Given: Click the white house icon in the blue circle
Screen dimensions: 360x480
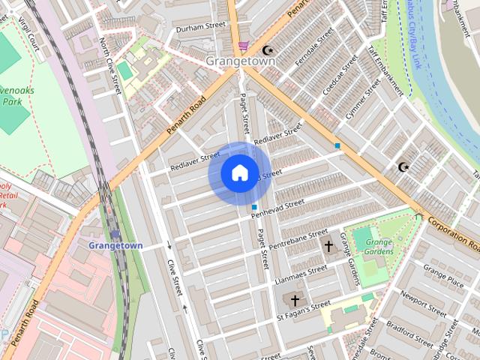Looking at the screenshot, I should tap(239, 173).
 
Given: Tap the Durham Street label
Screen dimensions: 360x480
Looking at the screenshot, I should tap(200, 27).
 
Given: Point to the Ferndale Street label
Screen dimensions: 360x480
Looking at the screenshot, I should tap(313, 46).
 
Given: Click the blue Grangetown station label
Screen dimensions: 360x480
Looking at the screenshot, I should tap(115, 245).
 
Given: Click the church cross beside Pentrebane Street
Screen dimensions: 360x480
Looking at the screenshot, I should tap(328, 245).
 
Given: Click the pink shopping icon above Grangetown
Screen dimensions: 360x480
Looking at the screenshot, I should tap(242, 46).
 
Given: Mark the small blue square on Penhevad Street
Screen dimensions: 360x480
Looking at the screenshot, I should tap(255, 207).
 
